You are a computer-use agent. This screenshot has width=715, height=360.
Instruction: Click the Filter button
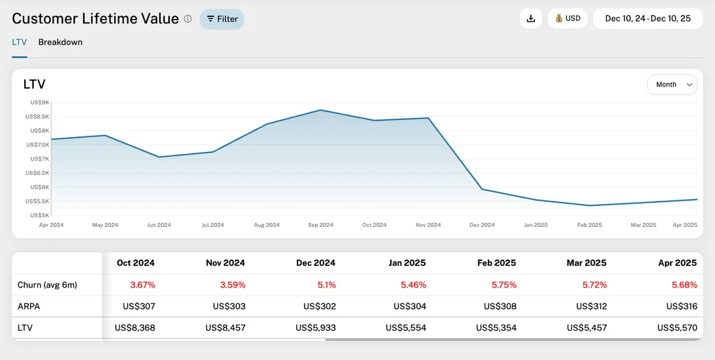coord(222,19)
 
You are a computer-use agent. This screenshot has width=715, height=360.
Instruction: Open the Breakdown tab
coord(60,42)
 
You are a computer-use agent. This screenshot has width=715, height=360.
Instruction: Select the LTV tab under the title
coord(20,42)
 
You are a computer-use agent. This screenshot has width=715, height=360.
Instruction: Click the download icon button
coord(530,19)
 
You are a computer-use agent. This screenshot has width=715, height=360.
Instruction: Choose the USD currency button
coord(568,19)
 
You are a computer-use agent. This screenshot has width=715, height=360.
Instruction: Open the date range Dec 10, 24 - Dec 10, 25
coord(647,19)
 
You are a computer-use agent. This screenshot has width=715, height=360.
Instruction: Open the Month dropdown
coord(672,84)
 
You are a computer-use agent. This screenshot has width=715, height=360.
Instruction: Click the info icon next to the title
coord(188,19)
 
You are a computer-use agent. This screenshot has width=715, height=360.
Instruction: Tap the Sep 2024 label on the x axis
coord(320,225)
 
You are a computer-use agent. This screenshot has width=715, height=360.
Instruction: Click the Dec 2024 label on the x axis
coord(482,225)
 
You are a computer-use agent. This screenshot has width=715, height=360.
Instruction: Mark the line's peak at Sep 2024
coord(320,110)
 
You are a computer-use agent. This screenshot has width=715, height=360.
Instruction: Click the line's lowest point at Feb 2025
coord(590,205)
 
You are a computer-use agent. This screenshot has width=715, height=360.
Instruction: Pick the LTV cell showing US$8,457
coord(225,327)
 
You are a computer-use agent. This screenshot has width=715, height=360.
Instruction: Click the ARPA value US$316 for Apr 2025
coord(681,307)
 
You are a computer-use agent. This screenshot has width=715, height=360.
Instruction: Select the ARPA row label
coord(29,307)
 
